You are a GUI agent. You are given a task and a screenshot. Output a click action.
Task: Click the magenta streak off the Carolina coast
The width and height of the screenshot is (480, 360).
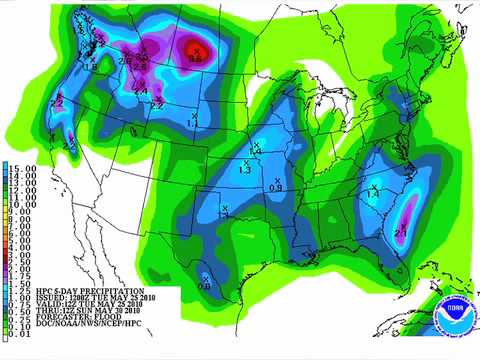click(x=408, y=214)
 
